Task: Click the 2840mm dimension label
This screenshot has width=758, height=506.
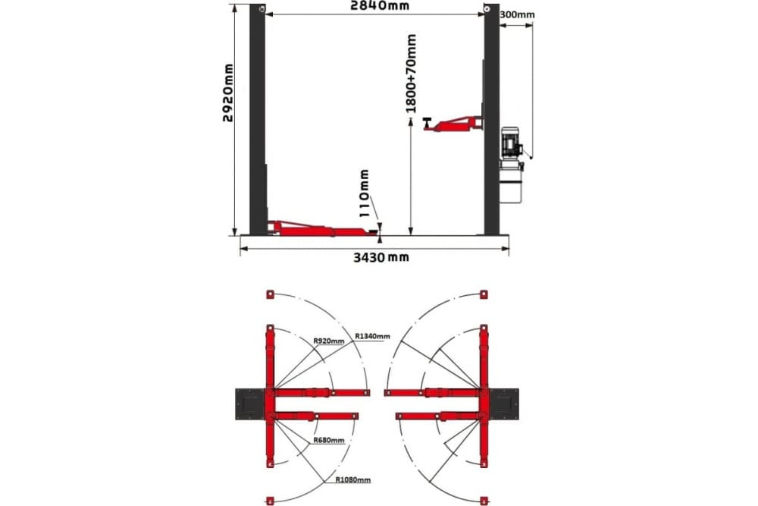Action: pyautogui.click(x=380, y=5)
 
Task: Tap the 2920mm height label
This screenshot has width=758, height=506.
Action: pyautogui.click(x=227, y=93)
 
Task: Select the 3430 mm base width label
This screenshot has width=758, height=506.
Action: pyautogui.click(x=381, y=257)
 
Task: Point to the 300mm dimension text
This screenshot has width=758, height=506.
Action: pyautogui.click(x=517, y=14)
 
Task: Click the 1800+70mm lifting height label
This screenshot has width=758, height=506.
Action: pyautogui.click(x=411, y=73)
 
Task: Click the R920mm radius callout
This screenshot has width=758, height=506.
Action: pyautogui.click(x=329, y=341)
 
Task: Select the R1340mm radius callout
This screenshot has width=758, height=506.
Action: pyautogui.click(x=372, y=336)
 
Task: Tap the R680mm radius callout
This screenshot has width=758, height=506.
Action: pyautogui.click(x=329, y=440)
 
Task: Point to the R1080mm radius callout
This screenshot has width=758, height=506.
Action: pyautogui.click(x=353, y=480)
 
